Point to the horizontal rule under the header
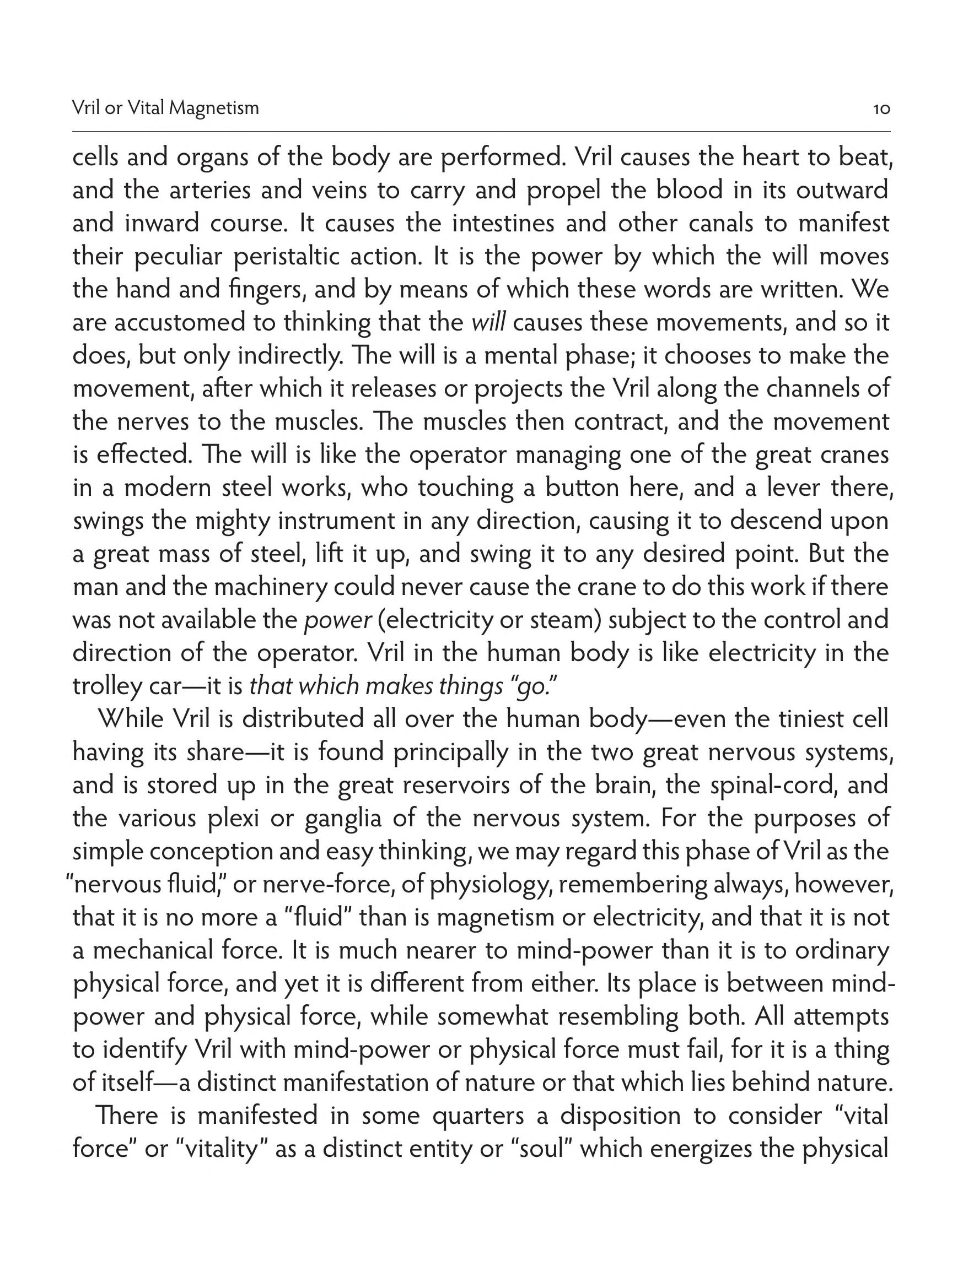pyautogui.click(x=481, y=132)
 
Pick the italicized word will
pyautogui.click(x=488, y=323)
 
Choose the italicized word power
pyautogui.click(x=337, y=621)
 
